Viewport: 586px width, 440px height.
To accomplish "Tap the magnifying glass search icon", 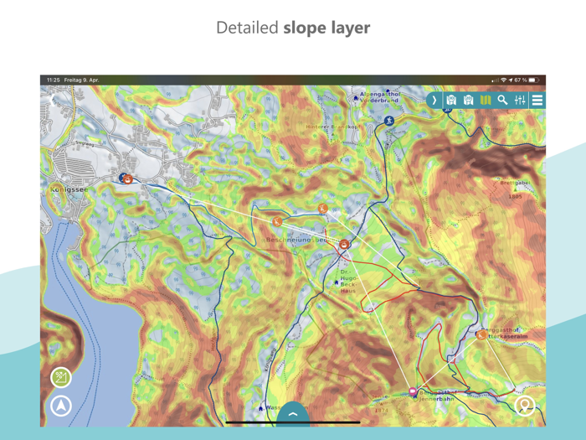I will [x=502, y=100].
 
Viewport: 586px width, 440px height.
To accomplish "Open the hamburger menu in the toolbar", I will [x=537, y=100].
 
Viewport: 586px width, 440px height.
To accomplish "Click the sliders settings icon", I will [x=520, y=100].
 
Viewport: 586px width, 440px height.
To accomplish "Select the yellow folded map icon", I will [x=486, y=100].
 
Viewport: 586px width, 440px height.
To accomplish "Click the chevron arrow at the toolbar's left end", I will [x=434, y=100].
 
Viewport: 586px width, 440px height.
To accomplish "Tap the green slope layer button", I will [x=61, y=378].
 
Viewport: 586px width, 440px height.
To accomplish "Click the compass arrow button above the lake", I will [x=61, y=406].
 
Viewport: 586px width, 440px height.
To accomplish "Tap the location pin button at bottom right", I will [x=525, y=406].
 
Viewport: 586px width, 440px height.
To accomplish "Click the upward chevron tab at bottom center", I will [x=293, y=413].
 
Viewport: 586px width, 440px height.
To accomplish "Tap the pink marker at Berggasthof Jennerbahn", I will [x=413, y=392].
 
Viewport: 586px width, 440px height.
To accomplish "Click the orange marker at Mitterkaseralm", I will [x=481, y=334].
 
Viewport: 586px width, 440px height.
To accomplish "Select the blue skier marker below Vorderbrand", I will [x=389, y=121].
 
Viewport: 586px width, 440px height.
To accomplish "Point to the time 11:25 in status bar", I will [x=53, y=80].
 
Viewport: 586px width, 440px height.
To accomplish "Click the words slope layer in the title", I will [x=326, y=28].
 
